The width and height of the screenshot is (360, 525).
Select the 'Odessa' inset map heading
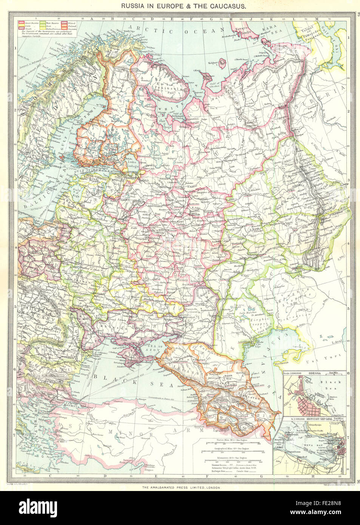[314, 373]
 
